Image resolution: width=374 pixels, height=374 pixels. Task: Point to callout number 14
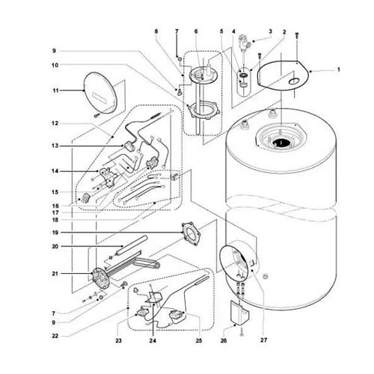point(54,171)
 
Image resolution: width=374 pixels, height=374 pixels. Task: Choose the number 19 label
point(54,233)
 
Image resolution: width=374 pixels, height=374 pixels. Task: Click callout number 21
point(54,275)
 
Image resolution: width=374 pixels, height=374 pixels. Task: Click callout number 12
point(54,123)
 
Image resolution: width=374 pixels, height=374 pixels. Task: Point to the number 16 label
point(54,205)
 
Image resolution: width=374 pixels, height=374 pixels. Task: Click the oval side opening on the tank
point(236,260)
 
